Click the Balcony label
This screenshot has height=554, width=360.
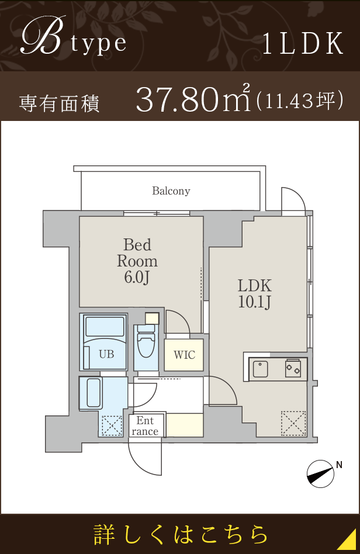(171, 191)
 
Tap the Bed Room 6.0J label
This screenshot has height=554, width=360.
(137, 261)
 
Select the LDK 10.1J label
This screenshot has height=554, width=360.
(255, 293)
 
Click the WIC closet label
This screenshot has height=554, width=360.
(184, 355)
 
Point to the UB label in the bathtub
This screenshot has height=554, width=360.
(106, 354)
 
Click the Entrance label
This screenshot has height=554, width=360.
(145, 426)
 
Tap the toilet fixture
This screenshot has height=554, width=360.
(146, 341)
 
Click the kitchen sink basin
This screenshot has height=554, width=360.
(261, 369)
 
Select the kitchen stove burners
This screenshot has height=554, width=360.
(293, 368)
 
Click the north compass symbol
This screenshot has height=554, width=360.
(320, 474)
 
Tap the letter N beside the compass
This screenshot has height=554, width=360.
(339, 465)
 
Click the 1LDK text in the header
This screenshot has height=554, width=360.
(303, 44)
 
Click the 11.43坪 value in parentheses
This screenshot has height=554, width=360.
(299, 101)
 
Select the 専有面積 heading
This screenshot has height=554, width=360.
(60, 104)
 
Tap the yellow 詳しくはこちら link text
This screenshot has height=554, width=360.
(181, 535)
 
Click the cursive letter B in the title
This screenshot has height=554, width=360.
(43, 36)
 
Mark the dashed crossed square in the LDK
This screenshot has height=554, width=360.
(293, 423)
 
